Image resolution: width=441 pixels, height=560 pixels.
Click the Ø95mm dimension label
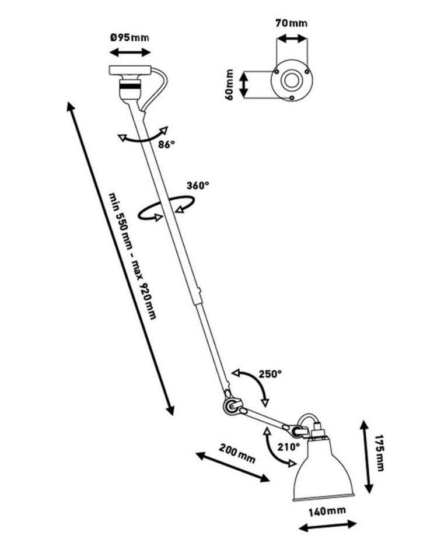pyautogui.click(x=129, y=37)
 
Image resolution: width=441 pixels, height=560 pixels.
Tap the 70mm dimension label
pyautogui.click(x=291, y=23)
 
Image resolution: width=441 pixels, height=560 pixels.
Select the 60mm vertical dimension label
pyautogui.click(x=230, y=85)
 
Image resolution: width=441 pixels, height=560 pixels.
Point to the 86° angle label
pyautogui.click(x=167, y=145)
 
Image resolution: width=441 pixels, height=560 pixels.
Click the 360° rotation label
pyautogui.click(x=198, y=185)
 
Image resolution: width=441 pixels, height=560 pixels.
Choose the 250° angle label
pyautogui.click(x=270, y=374)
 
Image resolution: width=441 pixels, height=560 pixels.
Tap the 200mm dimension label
pyautogui.click(x=237, y=453)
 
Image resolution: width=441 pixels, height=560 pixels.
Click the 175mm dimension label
pyautogui.click(x=379, y=453)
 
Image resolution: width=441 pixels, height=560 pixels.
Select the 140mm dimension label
pyautogui.click(x=327, y=512)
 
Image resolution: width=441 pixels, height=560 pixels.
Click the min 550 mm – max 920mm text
pyautogui.click(x=132, y=256)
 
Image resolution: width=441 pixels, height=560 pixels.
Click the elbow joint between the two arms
pyautogui.click(x=230, y=406)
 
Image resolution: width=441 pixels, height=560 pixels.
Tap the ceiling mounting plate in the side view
pyautogui.click(x=129, y=70)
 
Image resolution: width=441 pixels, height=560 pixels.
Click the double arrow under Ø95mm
pyautogui.click(x=130, y=52)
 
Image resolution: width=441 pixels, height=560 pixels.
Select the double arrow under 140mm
pyautogui.click(x=327, y=526)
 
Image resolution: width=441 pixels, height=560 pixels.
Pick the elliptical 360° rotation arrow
pyautogui.click(x=166, y=208)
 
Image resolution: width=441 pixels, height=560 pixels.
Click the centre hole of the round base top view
pyautogui.click(x=292, y=80)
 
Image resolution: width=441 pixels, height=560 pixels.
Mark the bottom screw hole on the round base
pyautogui.click(x=292, y=97)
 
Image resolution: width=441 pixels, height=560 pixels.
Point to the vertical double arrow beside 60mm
pyautogui.click(x=244, y=85)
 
